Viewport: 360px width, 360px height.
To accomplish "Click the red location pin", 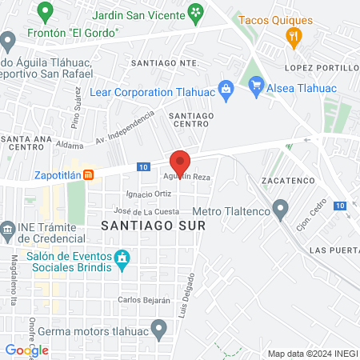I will point(181,162).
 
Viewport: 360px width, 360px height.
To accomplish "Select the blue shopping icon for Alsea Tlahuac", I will point(256,83).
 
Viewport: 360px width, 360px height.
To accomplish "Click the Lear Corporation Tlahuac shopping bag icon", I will point(226,89).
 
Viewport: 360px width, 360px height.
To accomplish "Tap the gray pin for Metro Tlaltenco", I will point(280,210).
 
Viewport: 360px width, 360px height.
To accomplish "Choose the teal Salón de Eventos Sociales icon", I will point(122,258).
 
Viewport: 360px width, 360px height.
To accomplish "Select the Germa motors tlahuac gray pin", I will point(159,327).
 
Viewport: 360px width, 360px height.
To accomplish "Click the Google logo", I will point(27,350).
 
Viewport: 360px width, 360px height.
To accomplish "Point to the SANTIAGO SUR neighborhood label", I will point(153,226).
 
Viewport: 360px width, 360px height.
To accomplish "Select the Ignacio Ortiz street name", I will point(149,194).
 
